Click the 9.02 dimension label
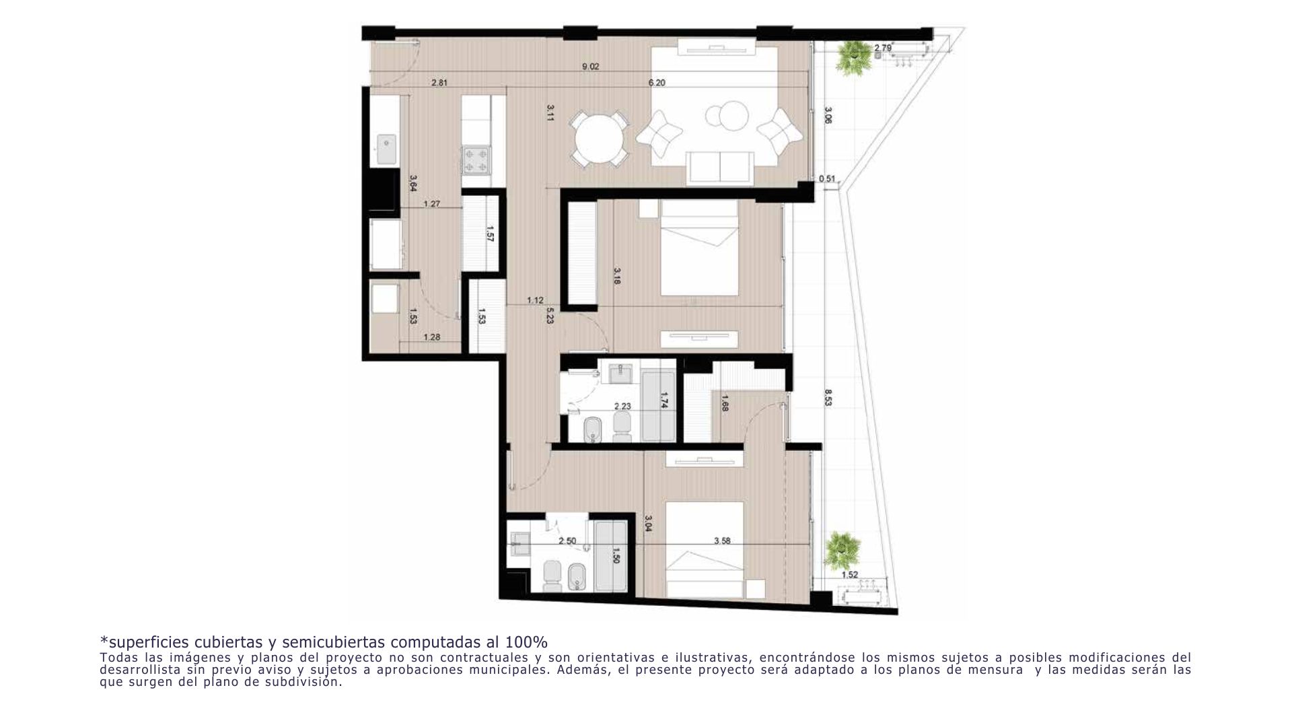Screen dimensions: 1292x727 pyautogui.click(x=590, y=67)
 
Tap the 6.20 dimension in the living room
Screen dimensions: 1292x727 pyautogui.click(x=657, y=83)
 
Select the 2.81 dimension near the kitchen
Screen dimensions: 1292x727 pyautogui.click(x=439, y=83)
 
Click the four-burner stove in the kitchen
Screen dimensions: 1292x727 pyautogui.click(x=476, y=160)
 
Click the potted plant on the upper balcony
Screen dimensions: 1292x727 pyautogui.click(x=854, y=55)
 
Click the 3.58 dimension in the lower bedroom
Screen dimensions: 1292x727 pyautogui.click(x=722, y=540)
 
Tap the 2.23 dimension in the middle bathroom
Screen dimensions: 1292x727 pyautogui.click(x=622, y=406)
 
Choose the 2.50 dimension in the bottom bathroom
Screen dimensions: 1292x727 pyautogui.click(x=567, y=541)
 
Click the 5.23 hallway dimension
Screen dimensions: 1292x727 pyautogui.click(x=550, y=316)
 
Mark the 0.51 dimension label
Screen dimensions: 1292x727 pyautogui.click(x=827, y=178)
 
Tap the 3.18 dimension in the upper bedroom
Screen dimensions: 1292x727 pyautogui.click(x=617, y=276)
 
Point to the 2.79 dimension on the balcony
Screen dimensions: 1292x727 pyautogui.click(x=883, y=48)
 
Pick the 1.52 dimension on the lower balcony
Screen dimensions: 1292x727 pyautogui.click(x=850, y=575)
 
